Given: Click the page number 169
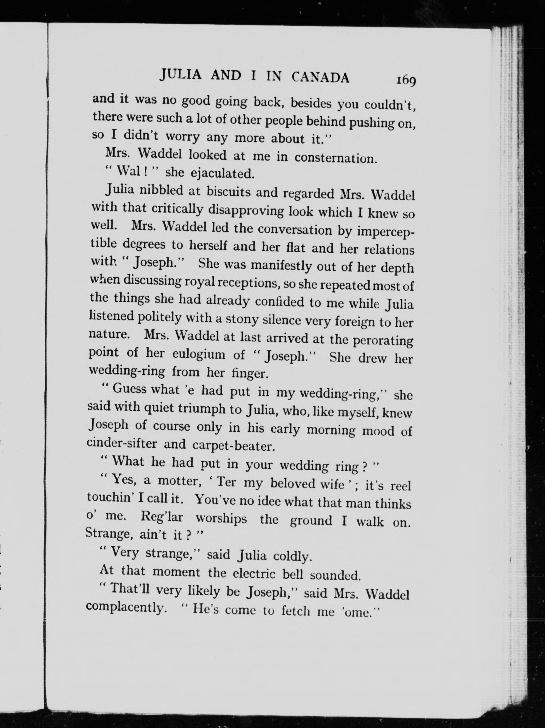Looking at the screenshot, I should pyautogui.click(x=406, y=80).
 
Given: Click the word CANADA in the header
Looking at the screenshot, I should pyautogui.click(x=320, y=78).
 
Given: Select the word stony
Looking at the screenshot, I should pyautogui.click(x=243, y=319).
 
